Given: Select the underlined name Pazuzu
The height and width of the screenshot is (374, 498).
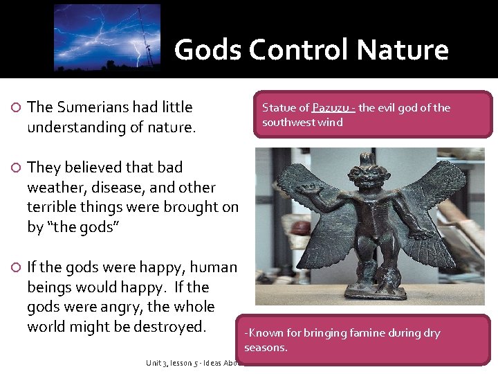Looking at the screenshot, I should click(x=332, y=107).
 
